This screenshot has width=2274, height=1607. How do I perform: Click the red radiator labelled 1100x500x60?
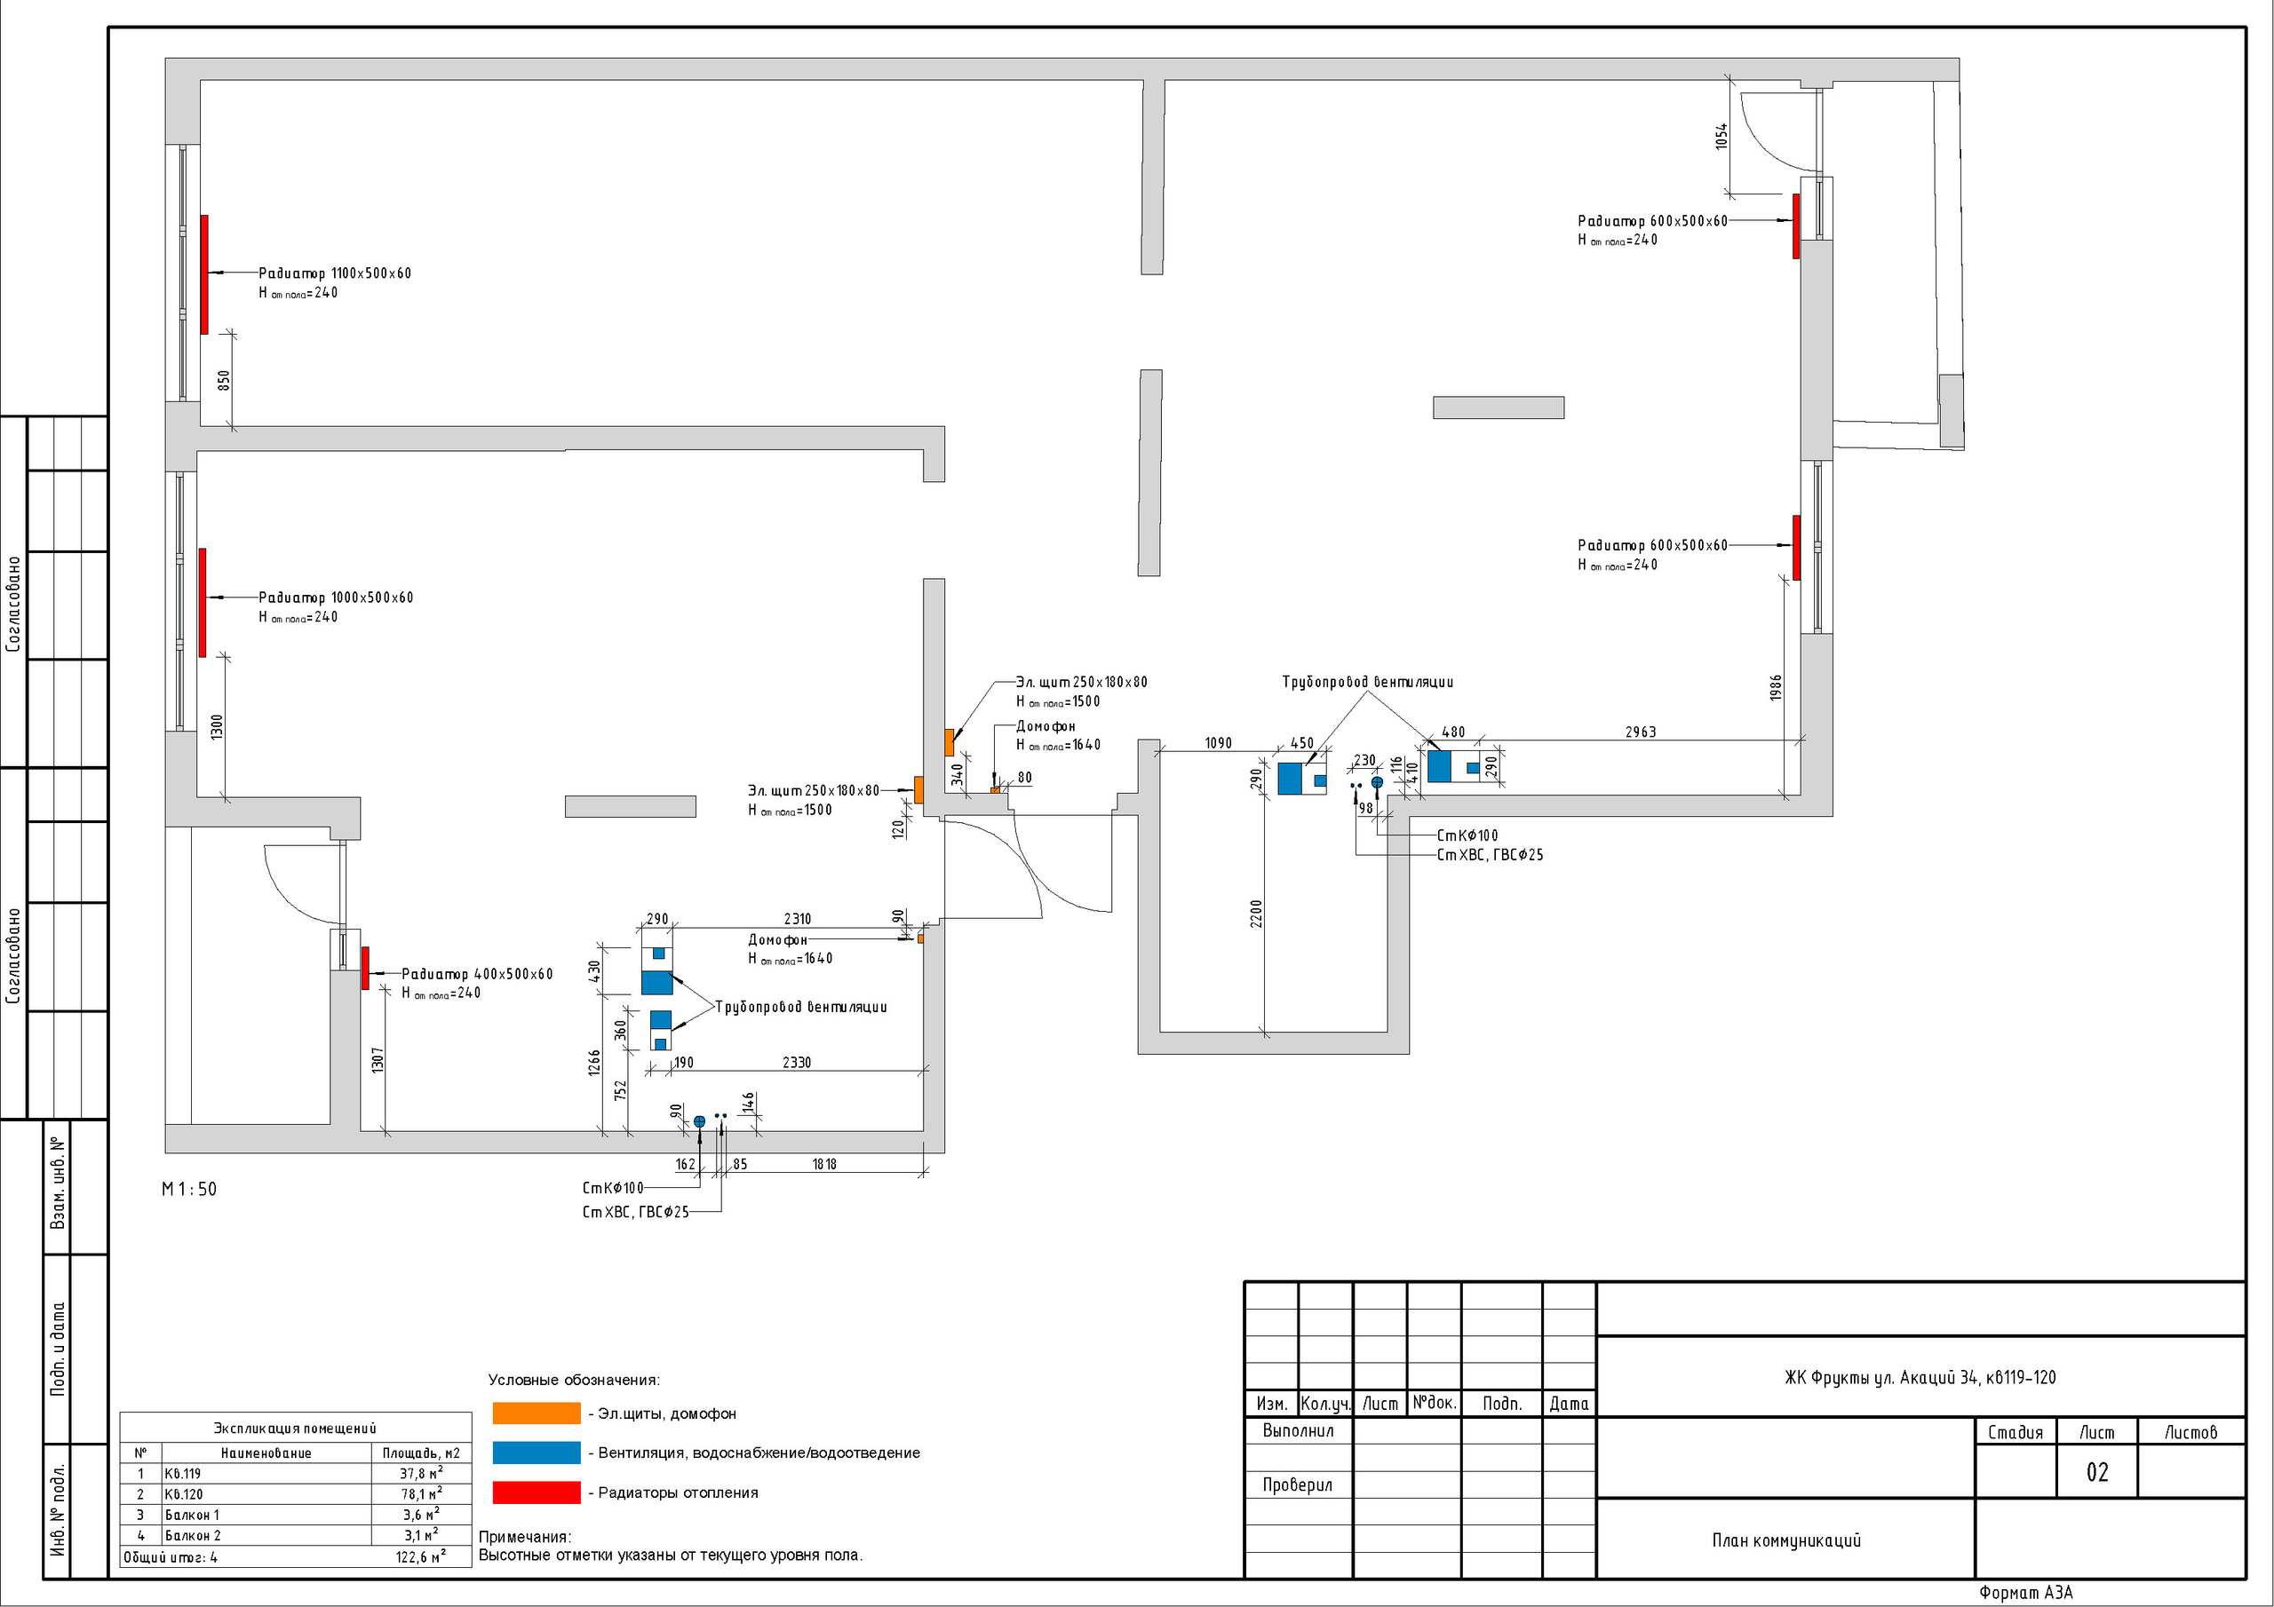click(x=205, y=274)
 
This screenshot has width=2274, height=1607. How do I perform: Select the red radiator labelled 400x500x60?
click(x=365, y=968)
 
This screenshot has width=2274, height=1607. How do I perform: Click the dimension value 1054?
click(x=1721, y=137)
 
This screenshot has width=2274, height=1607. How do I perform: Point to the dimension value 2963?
click(x=1640, y=732)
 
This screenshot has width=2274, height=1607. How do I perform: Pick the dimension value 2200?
click(x=1256, y=913)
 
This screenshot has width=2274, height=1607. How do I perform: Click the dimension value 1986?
click(x=1775, y=688)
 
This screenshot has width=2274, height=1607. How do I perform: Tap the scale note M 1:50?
click(x=189, y=1189)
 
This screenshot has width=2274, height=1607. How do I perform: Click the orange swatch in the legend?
click(x=536, y=1413)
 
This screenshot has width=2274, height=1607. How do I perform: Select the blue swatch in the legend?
click(x=536, y=1453)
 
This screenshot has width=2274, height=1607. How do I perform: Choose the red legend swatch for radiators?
click(x=536, y=1492)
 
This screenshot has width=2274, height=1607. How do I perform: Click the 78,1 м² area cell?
click(x=421, y=1494)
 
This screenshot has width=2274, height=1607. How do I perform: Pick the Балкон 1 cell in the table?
click(x=192, y=1515)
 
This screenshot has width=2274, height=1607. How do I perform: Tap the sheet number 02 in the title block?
click(x=2096, y=1472)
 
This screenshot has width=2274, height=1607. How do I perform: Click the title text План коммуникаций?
click(x=1785, y=1540)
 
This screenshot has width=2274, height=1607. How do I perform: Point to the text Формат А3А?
click(x=2025, y=1593)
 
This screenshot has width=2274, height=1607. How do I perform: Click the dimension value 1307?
click(x=378, y=1060)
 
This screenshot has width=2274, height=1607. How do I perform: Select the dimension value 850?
click(x=224, y=380)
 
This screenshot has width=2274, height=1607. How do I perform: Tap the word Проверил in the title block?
click(x=1298, y=1485)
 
